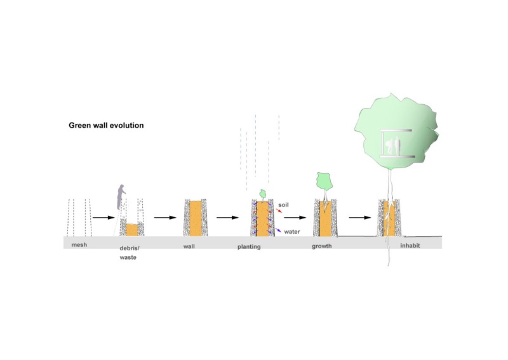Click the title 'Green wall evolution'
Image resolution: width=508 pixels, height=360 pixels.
(106, 126)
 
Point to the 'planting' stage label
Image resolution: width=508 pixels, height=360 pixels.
(262, 246)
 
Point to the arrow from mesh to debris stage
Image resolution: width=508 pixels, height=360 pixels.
(102, 217)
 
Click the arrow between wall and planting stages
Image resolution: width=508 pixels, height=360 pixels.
(227, 217)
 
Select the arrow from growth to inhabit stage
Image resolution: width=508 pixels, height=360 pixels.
(359, 217)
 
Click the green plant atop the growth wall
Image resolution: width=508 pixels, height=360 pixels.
(324, 182)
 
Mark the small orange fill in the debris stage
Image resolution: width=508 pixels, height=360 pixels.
(131, 229)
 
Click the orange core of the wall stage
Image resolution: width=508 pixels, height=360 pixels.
(196, 219)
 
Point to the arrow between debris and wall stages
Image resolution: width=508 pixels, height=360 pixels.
(164, 217)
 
